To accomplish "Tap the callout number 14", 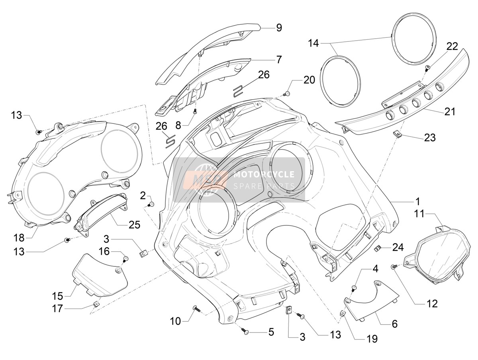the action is click(x=313, y=43).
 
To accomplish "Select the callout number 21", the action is click(x=450, y=112).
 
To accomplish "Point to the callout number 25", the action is click(x=134, y=225).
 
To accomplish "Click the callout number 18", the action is click(x=19, y=238).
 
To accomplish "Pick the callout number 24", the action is click(x=398, y=247).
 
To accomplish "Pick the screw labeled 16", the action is click(x=125, y=258).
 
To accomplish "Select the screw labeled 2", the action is click(x=151, y=204).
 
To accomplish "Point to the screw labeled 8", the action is click(x=195, y=111).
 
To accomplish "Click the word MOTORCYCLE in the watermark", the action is click(x=264, y=174).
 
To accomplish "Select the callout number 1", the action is click(x=417, y=202).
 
